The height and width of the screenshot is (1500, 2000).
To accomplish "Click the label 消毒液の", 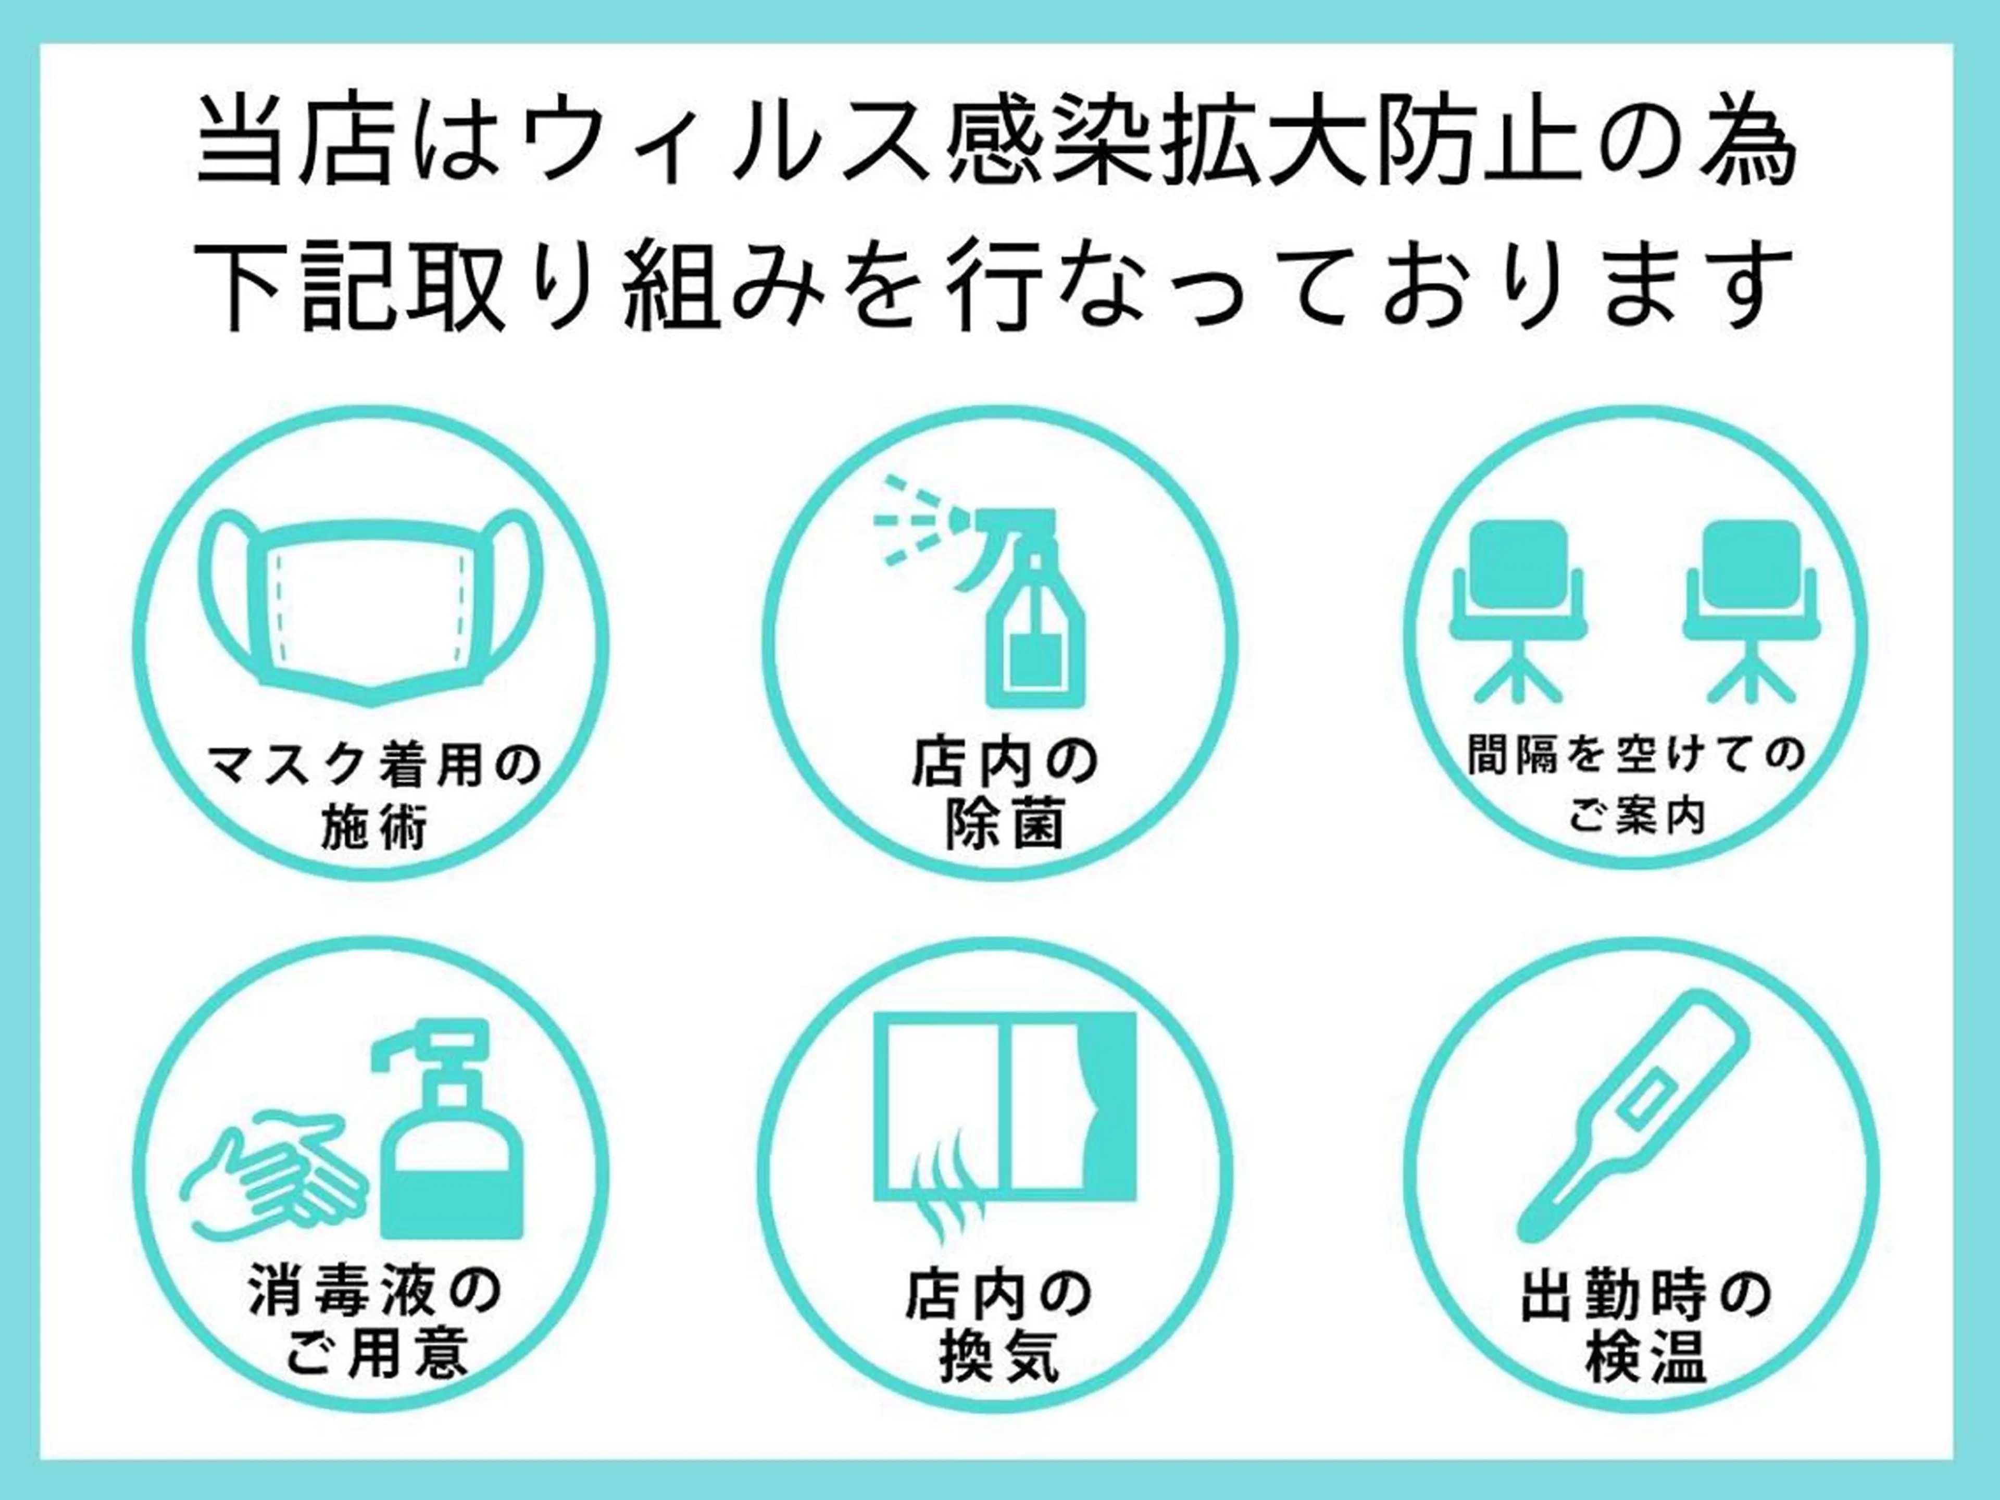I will click(374, 1293).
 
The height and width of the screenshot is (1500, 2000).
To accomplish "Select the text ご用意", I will click(374, 1354).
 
